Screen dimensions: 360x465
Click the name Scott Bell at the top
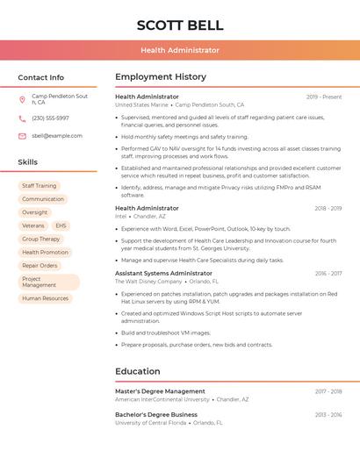pyautogui.click(x=180, y=25)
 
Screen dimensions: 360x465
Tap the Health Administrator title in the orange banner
pyautogui.click(x=180, y=50)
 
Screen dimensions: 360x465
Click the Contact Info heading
pyautogui.click(x=40, y=77)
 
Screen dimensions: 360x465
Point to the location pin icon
pyautogui.click(x=22, y=99)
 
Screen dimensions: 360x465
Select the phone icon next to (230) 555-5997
pyautogui.click(x=22, y=118)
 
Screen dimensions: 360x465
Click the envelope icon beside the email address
pyautogui.click(x=22, y=136)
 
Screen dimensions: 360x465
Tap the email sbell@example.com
pyautogui.click(x=57, y=136)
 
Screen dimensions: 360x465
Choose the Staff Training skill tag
pyautogui.click(x=39, y=186)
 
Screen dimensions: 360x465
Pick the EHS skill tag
pyautogui.click(x=61, y=225)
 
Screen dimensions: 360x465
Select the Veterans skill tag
pyautogui.click(x=32, y=225)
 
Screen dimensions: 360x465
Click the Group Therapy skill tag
pyautogui.click(x=41, y=239)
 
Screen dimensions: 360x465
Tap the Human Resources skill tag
pyautogui.click(x=45, y=298)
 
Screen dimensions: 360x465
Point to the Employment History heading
pyautogui.click(x=161, y=77)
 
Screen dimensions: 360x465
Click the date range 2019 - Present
pyautogui.click(x=324, y=97)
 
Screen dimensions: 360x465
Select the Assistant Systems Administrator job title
pyautogui.click(x=163, y=273)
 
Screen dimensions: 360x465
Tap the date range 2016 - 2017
pyautogui.click(x=328, y=273)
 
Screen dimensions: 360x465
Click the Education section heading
pyautogui.click(x=137, y=371)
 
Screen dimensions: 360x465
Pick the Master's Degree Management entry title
pyautogui.click(x=160, y=391)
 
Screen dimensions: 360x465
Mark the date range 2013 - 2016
pyautogui.click(x=328, y=414)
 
